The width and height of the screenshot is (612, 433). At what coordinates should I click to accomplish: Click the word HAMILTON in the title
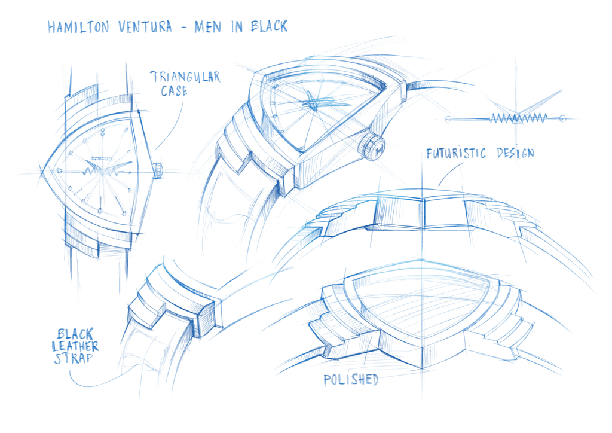coord(78,27)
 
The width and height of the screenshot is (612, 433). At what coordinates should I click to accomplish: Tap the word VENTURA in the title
coord(145,26)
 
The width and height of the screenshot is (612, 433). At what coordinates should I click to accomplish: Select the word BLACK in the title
coord(270,26)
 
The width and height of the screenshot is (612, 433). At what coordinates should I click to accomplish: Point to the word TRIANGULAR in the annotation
coord(185,77)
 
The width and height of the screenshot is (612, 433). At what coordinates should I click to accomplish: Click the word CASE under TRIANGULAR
coord(174,91)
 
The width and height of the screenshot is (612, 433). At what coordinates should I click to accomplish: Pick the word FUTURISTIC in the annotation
coord(456,153)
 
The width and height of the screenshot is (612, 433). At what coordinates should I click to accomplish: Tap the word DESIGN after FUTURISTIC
coord(515,153)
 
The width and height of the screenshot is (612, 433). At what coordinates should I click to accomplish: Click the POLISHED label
coord(351,380)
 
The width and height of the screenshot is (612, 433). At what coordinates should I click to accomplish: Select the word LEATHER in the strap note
coord(75,346)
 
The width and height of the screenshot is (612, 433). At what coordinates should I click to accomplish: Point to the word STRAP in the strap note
coord(74,358)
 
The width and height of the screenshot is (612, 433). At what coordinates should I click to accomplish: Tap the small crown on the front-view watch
coord(157,171)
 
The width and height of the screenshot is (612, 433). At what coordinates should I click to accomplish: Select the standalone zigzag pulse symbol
coord(506,118)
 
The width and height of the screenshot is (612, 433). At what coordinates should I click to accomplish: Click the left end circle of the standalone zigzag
coord(448,120)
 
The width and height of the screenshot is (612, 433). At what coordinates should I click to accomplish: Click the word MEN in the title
coord(207,26)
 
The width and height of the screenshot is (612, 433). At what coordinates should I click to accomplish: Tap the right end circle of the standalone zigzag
coord(562,118)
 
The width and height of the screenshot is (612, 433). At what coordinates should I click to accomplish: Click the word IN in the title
coord(237,26)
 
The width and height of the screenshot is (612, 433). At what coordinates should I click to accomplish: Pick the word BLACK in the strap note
coord(75,334)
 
